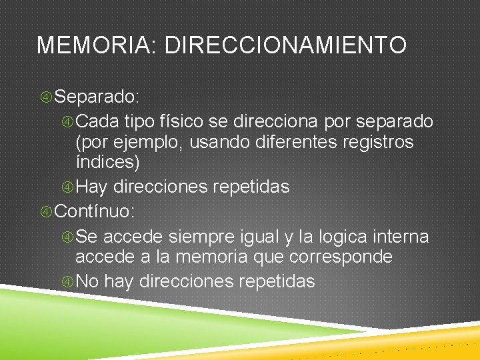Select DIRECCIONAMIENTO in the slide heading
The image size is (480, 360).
(x=285, y=45)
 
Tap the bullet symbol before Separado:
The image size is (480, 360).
(x=46, y=97)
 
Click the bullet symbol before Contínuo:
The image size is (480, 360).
(x=46, y=212)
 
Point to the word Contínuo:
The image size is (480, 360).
(x=95, y=212)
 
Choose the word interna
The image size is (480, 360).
(x=403, y=237)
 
